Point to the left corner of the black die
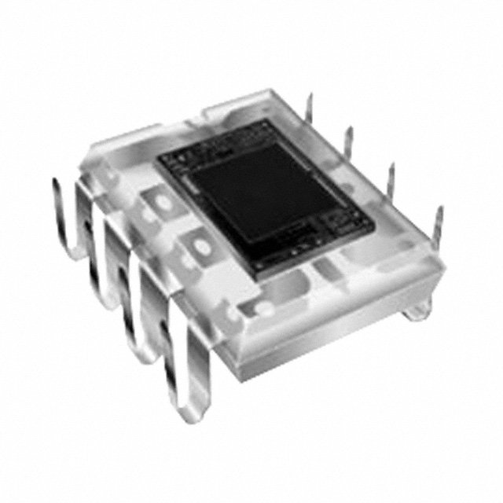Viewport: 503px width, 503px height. [160, 160]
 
